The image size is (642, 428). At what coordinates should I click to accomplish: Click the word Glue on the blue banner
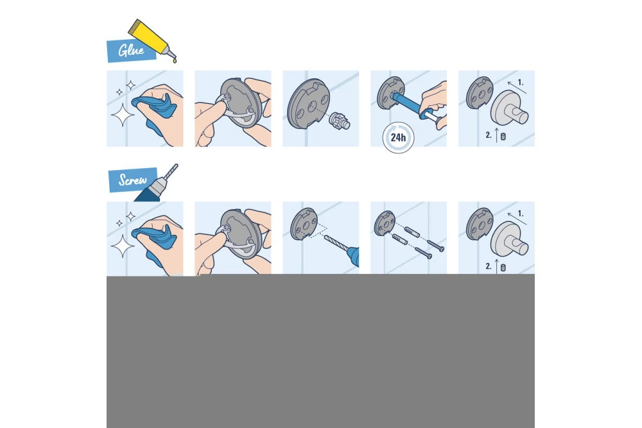coord(131,50)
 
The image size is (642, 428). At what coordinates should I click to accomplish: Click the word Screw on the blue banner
coord(133,180)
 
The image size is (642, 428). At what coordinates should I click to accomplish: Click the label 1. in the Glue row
coord(520,83)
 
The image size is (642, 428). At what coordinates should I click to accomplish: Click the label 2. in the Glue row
coord(489,136)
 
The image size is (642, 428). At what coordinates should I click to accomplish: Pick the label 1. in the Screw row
coord(520,214)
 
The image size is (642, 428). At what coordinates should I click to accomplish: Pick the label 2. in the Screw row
coord(489,266)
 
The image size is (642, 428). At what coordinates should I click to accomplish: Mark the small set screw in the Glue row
coord(503,137)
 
